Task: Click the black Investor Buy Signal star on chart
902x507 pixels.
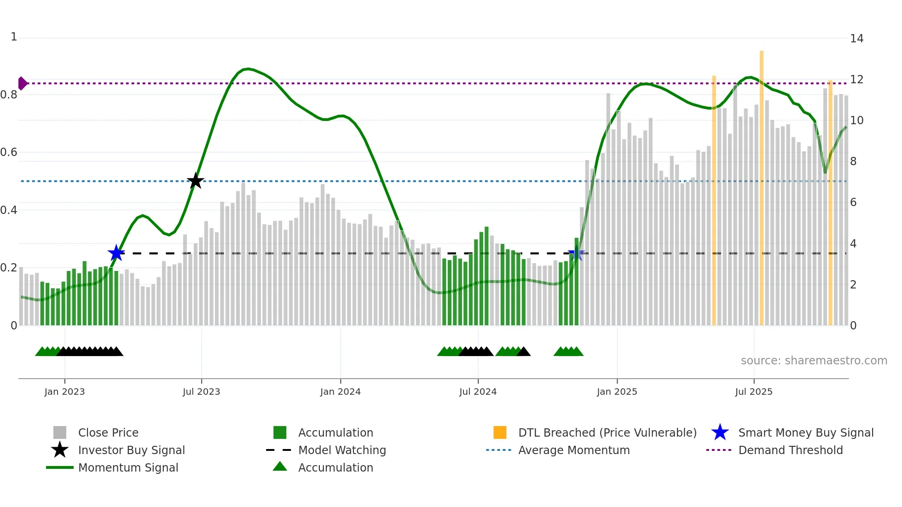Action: pos(196,181)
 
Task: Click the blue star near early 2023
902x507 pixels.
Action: pos(116,253)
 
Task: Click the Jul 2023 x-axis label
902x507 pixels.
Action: pos(201,392)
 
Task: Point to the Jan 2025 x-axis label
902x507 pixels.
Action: pos(617,392)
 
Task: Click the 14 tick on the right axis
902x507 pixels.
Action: pos(856,39)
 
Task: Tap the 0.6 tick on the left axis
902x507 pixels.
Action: pos(9,152)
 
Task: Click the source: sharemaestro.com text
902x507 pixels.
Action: pos(814,361)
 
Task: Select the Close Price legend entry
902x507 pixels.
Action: pos(108,432)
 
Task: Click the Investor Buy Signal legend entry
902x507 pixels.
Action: pos(131,450)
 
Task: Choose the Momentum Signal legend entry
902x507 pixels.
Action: pos(128,467)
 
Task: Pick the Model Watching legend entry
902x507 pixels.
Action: pos(342,450)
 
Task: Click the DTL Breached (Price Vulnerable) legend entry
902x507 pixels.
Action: pos(607,432)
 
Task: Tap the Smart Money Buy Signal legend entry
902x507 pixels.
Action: pos(805,432)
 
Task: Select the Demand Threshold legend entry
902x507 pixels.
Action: pos(790,450)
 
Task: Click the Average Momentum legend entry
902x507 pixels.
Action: pos(573,450)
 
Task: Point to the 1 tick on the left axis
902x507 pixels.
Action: pos(14,37)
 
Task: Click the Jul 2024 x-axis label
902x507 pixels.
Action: pos(478,392)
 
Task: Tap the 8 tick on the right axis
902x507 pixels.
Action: pos(853,161)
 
